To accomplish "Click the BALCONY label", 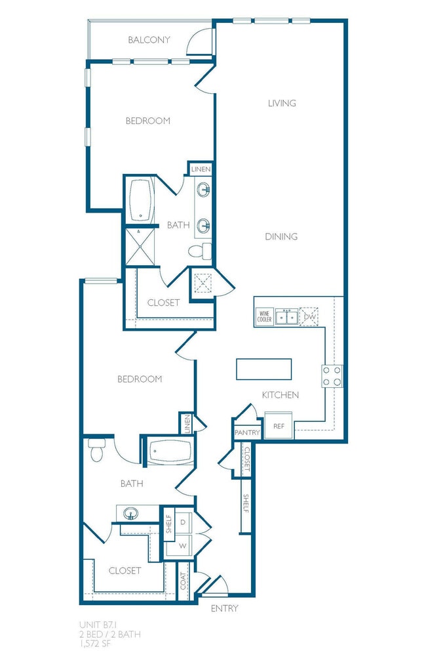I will pyautogui.click(x=149, y=40).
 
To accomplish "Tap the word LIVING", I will pyautogui.click(x=282, y=103).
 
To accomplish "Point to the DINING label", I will pyautogui.click(x=282, y=236).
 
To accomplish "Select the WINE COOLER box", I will pyautogui.click(x=265, y=317).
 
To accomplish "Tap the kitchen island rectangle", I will pyautogui.click(x=264, y=369).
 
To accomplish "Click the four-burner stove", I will pyautogui.click(x=332, y=375).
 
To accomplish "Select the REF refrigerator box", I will pyautogui.click(x=279, y=426).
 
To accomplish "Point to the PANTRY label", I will pyautogui.click(x=247, y=433).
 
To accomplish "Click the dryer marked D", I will pyautogui.click(x=184, y=522).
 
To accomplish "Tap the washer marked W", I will pyautogui.click(x=184, y=545).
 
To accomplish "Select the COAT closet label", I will pyautogui.click(x=184, y=581).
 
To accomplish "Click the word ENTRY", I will pyautogui.click(x=224, y=608).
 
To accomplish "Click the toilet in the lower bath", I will pyautogui.click(x=96, y=451).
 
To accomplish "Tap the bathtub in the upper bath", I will pyautogui.click(x=141, y=199).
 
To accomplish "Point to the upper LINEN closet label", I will pyautogui.click(x=201, y=169).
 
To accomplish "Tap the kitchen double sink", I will pyautogui.click(x=287, y=317).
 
